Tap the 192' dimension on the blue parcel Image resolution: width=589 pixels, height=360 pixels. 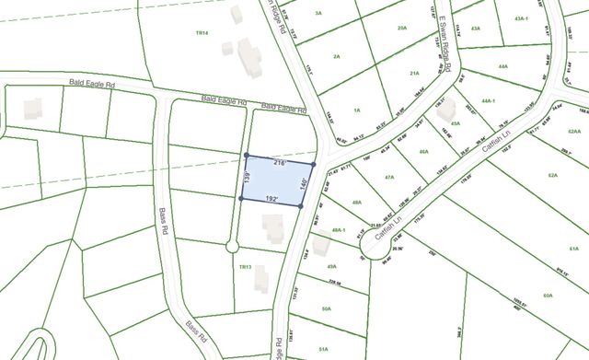click(x=271, y=198)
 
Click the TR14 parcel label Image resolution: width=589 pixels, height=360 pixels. click(x=202, y=33)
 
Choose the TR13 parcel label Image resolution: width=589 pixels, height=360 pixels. click(x=245, y=267)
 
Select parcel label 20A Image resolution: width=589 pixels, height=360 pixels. click(x=401, y=29)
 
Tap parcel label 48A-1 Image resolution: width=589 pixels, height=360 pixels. click(x=337, y=230)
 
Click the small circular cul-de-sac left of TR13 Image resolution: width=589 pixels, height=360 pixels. click(x=231, y=246)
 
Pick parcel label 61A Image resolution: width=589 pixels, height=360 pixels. click(x=573, y=249)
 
